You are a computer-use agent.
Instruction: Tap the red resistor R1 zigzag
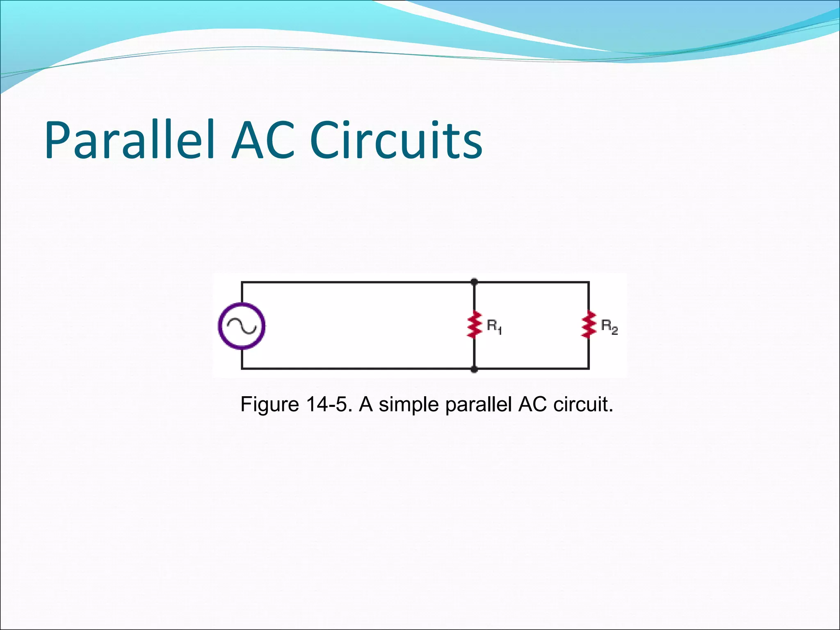click(474, 324)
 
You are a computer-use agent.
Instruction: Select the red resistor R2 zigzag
click(589, 324)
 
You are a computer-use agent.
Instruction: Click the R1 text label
click(494, 327)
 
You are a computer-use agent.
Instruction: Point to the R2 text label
click(609, 327)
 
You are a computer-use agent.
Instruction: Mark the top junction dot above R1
click(474, 282)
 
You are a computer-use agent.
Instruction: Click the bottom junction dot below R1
click(474, 369)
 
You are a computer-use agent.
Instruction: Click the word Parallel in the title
click(130, 140)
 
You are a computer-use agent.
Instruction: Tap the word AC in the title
click(263, 140)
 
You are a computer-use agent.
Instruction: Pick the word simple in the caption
click(409, 405)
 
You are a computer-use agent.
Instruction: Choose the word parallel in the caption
click(478, 405)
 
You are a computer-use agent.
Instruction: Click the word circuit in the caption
click(582, 404)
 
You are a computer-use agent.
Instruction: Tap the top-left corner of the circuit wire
click(242, 282)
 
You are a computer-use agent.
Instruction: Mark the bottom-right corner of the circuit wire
click(589, 369)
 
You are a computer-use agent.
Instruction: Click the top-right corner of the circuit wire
click(589, 282)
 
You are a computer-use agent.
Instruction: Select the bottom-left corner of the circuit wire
click(242, 369)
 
